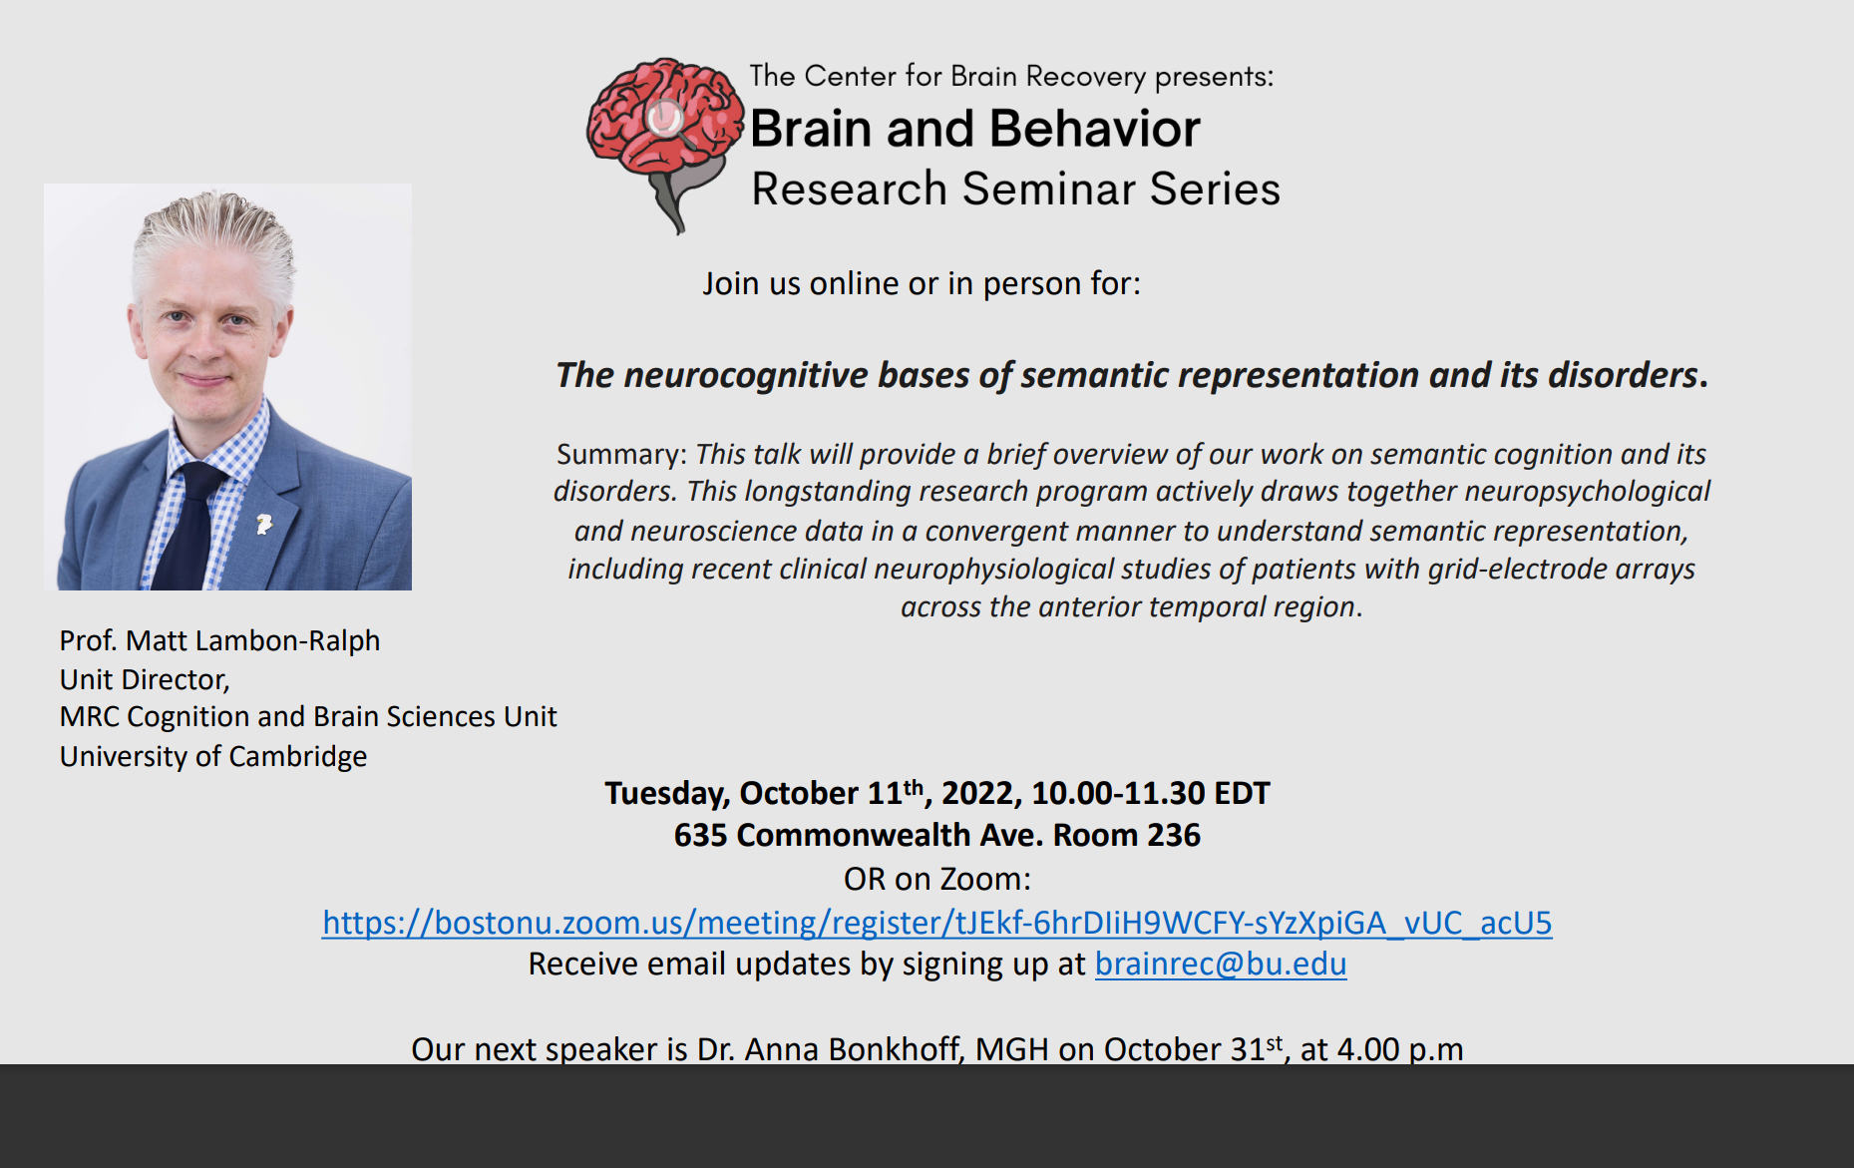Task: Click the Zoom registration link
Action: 936,923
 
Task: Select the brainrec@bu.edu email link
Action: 1221,964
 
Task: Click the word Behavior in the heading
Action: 1095,129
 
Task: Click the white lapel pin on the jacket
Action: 264,523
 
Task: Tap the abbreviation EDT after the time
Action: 1242,794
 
